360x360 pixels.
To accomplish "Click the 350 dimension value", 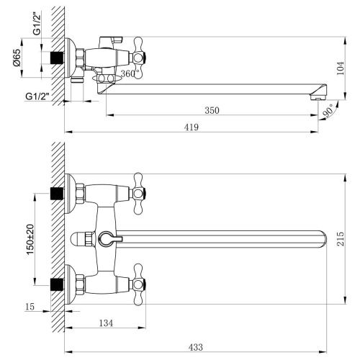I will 210,110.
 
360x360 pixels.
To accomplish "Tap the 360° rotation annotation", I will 130,74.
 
